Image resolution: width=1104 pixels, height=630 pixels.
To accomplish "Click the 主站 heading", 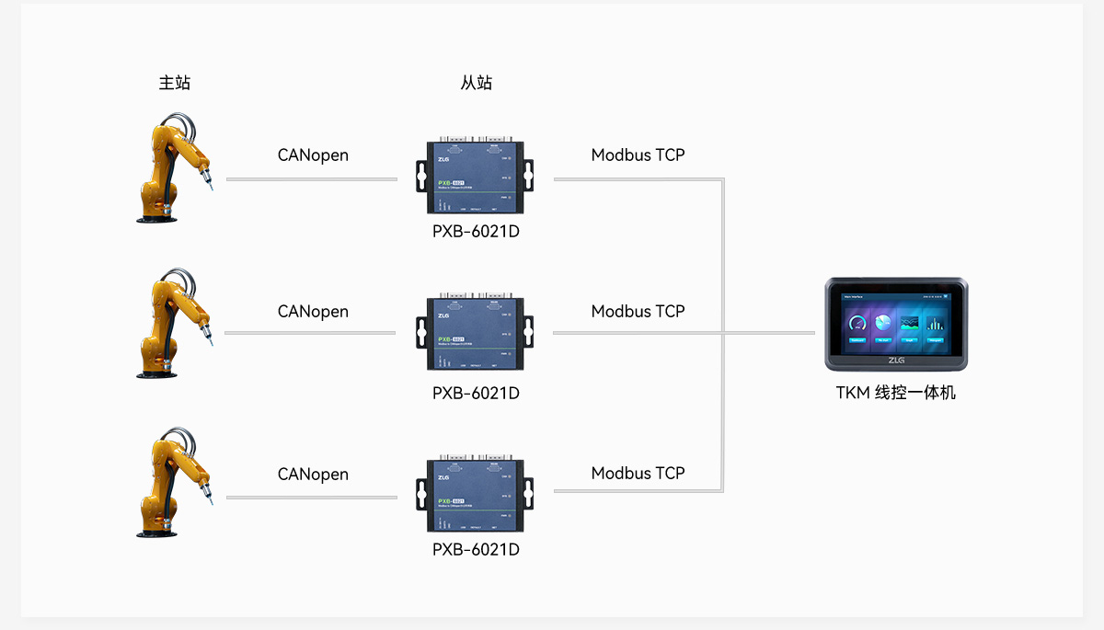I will coord(175,83).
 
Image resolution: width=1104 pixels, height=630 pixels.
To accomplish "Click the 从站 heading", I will coord(476,83).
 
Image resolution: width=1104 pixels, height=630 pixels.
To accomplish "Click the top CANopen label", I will coord(313,155).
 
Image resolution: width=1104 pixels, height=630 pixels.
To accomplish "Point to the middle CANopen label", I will coord(313,312).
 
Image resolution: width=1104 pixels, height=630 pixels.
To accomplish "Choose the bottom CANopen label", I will coord(313,475).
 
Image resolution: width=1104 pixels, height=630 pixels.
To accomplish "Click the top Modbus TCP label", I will coord(638,155).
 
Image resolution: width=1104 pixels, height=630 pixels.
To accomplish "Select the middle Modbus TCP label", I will coord(638,312).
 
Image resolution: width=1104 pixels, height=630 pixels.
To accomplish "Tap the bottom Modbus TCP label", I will coord(638,474).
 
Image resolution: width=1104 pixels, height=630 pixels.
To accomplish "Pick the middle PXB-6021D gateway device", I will coord(475,332).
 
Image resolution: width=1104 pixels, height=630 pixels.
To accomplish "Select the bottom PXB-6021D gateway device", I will coord(475,495).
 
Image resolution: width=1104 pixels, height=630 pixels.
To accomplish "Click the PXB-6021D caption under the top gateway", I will coord(476,231).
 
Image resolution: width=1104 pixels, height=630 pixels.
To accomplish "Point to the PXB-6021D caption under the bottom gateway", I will coord(476,549).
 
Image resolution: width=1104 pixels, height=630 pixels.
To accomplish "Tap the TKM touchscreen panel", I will coord(895,323).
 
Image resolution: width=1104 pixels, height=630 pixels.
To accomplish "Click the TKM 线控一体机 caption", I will coord(895,393).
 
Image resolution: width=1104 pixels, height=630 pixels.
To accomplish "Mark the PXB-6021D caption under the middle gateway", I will coord(476,393).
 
